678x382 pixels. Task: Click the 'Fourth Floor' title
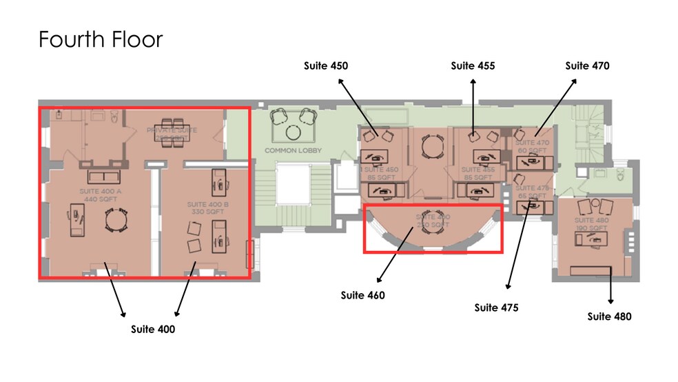pyautogui.click(x=101, y=39)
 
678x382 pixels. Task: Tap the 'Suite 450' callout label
pyautogui.click(x=326, y=66)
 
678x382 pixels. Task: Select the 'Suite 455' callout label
pyautogui.click(x=473, y=66)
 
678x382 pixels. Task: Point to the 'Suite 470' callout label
pyautogui.click(x=587, y=66)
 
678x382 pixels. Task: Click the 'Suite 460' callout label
pyautogui.click(x=362, y=295)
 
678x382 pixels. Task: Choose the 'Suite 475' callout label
pyautogui.click(x=496, y=308)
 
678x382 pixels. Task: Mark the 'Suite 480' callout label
pyautogui.click(x=609, y=316)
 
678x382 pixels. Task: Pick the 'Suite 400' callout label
pyautogui.click(x=153, y=329)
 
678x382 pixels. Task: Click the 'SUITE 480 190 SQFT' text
pyautogui.click(x=591, y=224)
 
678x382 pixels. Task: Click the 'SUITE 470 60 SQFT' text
pyautogui.click(x=532, y=146)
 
